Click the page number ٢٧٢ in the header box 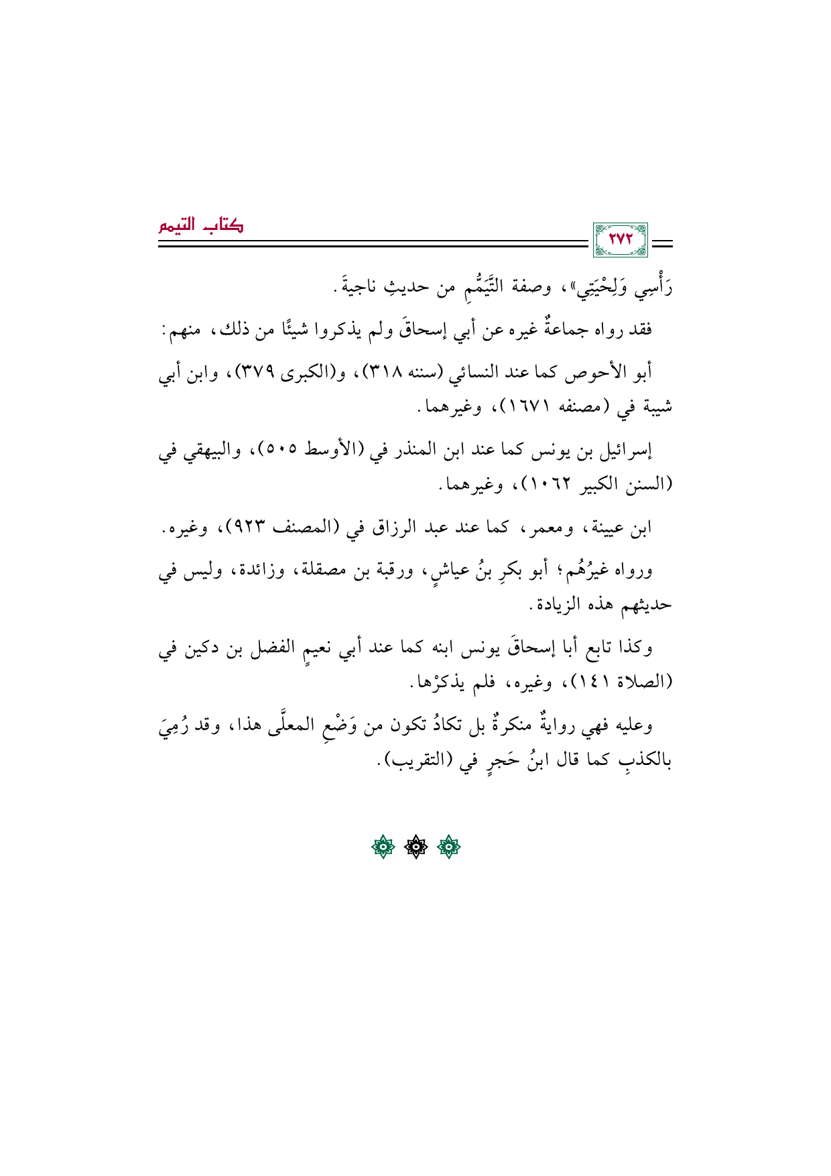[x=621, y=240]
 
